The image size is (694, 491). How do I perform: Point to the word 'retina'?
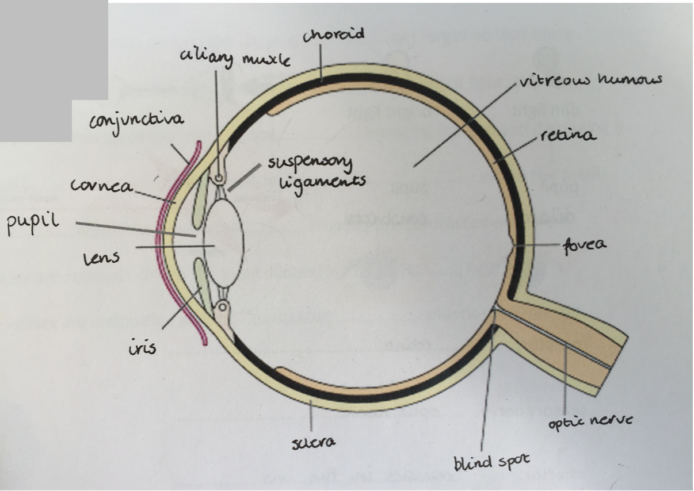569,136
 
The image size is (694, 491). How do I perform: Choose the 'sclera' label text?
314,443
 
